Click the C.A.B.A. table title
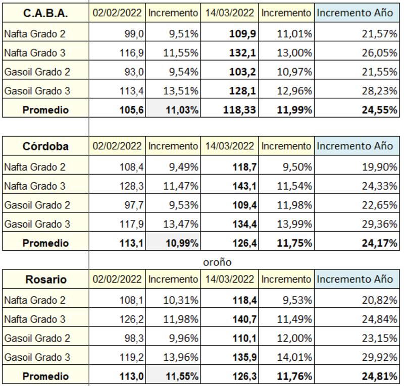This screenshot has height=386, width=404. coord(45,13)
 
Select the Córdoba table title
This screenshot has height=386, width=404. coord(45,146)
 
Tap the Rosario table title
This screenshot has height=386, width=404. coord(45,279)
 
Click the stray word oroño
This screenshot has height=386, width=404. coord(217,262)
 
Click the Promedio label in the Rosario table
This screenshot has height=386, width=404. coord(45,376)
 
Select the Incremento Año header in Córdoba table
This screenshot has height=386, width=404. coord(355,146)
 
